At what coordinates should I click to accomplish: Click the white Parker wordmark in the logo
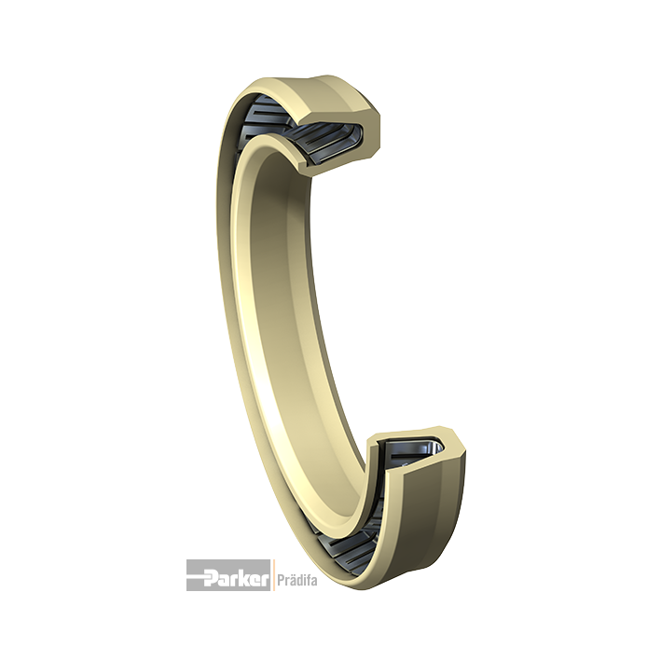pyautogui.click(x=237, y=576)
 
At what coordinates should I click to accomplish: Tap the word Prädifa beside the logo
pyautogui.click(x=297, y=581)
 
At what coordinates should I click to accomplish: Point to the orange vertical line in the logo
pyautogui.click(x=273, y=575)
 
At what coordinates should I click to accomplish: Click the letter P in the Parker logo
pyautogui.click(x=212, y=576)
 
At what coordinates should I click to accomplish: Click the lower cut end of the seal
pyautogui.click(x=417, y=455)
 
